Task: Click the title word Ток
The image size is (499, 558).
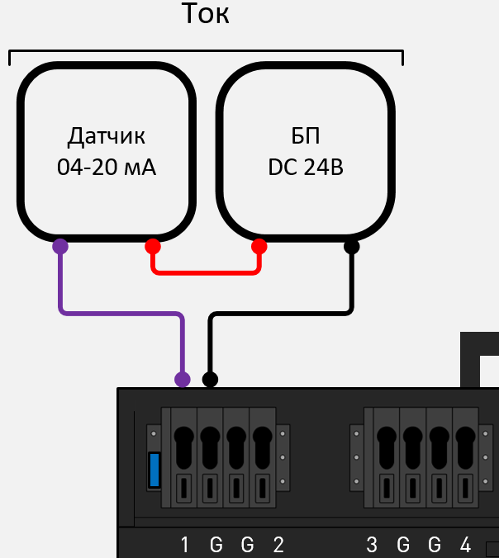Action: click(205, 14)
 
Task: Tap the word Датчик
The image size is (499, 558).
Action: click(107, 135)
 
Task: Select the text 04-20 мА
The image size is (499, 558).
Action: click(107, 168)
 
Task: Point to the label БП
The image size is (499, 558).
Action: click(306, 135)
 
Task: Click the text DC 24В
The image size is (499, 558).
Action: click(306, 168)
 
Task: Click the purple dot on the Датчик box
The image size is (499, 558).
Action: click(60, 246)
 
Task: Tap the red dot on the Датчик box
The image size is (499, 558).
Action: click(153, 246)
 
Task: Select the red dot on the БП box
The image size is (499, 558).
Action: click(259, 246)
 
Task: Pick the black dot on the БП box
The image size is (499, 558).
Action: click(352, 246)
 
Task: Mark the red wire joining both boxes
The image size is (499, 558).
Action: click(206, 272)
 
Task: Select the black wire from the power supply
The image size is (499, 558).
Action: click(281, 314)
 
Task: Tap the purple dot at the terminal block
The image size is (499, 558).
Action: click(183, 379)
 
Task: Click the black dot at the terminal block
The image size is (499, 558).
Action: click(211, 379)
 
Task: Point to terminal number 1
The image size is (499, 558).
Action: click(185, 545)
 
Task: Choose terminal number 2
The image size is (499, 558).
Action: click(278, 545)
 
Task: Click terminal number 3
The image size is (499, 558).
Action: click(372, 545)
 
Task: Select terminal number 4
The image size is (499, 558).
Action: click(466, 545)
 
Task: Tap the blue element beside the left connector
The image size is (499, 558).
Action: click(154, 470)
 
